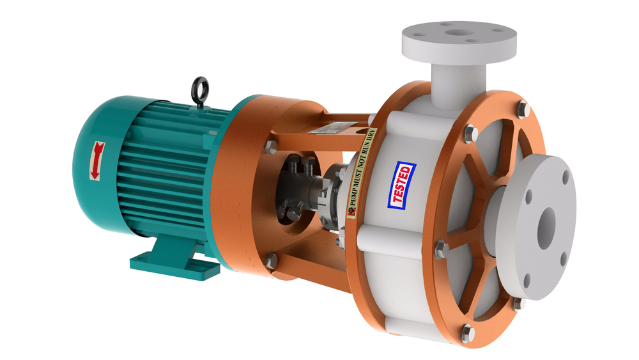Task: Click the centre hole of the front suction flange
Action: tap(546, 227)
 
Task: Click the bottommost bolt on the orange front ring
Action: tap(467, 332)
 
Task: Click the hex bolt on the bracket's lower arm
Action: tap(272, 260)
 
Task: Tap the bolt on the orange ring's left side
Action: tap(441, 248)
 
